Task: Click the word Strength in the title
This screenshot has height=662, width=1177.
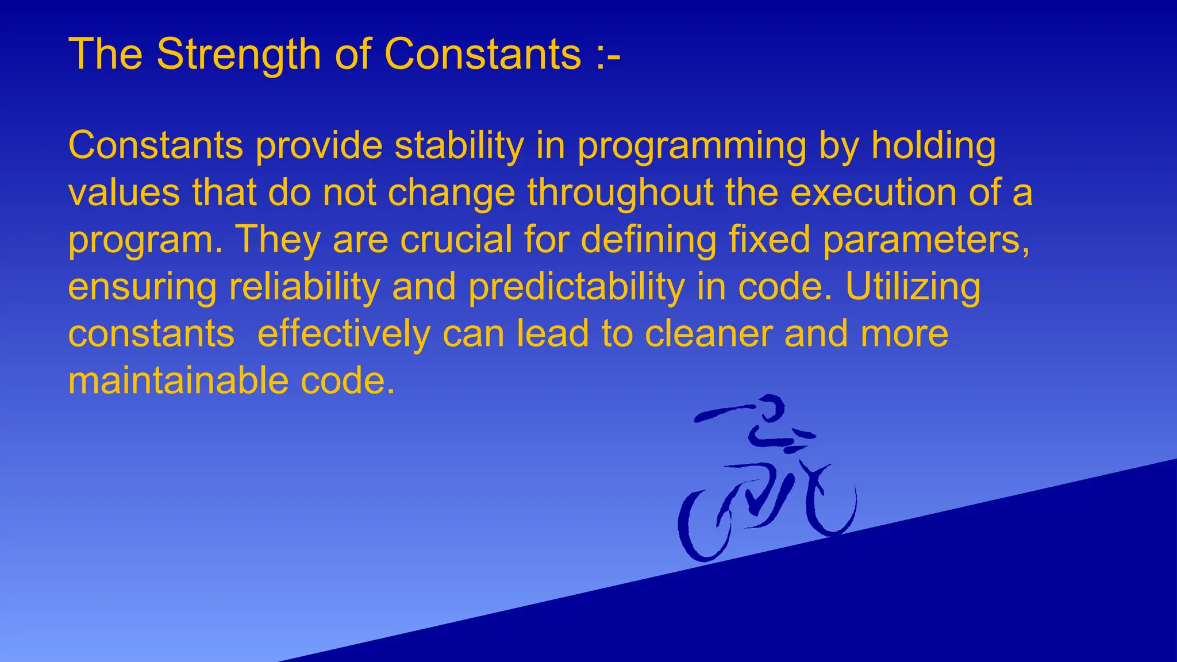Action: click(238, 55)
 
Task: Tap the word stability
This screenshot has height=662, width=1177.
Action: click(459, 146)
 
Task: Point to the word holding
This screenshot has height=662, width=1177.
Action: click(933, 146)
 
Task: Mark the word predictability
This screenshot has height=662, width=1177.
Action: click(576, 287)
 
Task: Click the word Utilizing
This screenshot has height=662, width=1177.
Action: click(913, 287)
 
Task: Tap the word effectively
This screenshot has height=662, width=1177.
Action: click(344, 334)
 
